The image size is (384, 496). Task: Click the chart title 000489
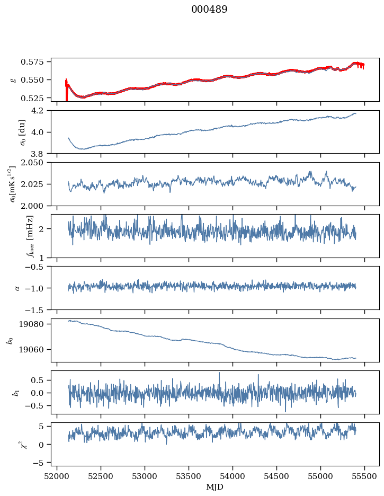click(x=209, y=10)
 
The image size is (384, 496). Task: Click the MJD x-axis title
click(x=215, y=487)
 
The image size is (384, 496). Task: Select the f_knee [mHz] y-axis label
click(x=15, y=236)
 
